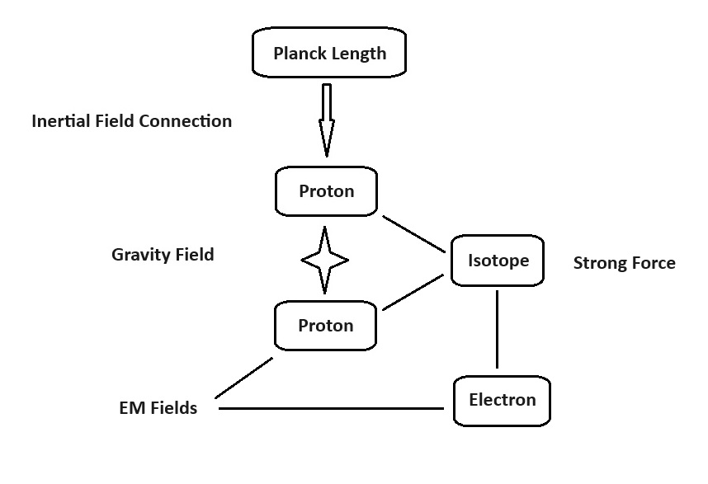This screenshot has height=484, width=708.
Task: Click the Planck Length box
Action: coord(328,53)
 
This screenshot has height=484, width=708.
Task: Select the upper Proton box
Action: coord(326,191)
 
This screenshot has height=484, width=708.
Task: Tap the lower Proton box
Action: coord(326,325)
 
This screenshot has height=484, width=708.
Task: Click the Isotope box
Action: coord(497,261)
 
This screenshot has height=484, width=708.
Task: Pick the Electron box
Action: coord(502,401)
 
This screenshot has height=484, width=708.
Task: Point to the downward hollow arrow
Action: coord(326,120)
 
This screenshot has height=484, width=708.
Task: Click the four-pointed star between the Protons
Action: coord(324,261)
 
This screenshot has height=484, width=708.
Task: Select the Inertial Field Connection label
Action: coord(131,121)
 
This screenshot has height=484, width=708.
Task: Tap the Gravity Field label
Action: coord(163,255)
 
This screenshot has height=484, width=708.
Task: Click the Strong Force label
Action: coord(624,263)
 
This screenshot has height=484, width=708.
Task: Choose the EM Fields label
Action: coord(158,408)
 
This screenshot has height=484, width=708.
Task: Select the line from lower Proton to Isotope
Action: coord(413,293)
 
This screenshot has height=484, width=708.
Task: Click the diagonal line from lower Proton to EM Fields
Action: coord(243,377)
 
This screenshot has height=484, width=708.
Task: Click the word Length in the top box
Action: coord(358,54)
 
